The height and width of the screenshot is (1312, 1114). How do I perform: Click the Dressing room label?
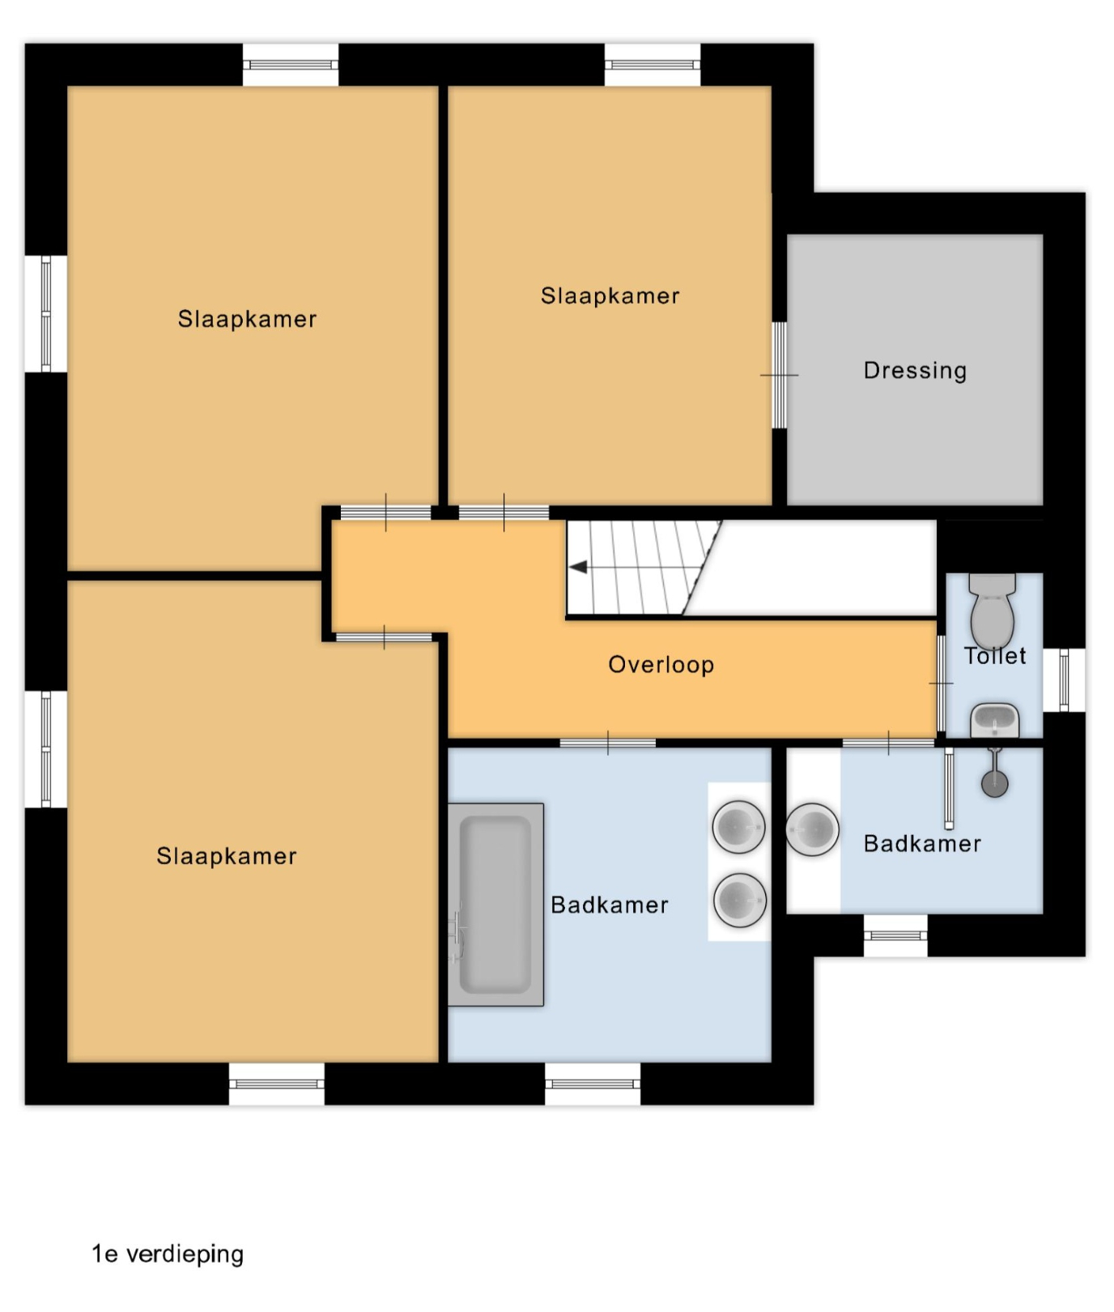pyautogui.click(x=915, y=371)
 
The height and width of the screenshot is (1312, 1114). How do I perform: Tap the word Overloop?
pyautogui.click(x=661, y=665)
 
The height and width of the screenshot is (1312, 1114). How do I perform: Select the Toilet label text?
pyautogui.click(x=994, y=656)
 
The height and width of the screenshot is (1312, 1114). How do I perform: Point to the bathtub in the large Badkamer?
pyautogui.click(x=495, y=905)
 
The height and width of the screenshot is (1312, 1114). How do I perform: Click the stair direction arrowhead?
pyautogui.click(x=578, y=567)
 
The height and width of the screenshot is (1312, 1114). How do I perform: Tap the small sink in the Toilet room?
pyautogui.click(x=994, y=720)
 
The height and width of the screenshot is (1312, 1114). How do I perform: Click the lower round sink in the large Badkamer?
pyautogui.click(x=739, y=899)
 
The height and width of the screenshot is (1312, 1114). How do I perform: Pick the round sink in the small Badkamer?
pyautogui.click(x=812, y=829)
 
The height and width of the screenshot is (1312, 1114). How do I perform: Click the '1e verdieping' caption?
pyautogui.click(x=168, y=1254)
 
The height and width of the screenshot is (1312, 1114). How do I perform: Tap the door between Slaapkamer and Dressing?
pyautogui.click(x=779, y=375)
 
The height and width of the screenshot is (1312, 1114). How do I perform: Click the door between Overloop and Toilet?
pyautogui.click(x=941, y=684)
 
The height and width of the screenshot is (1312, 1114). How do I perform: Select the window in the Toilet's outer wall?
pyautogui.click(x=1064, y=680)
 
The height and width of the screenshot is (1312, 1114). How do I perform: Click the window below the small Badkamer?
pyautogui.click(x=895, y=935)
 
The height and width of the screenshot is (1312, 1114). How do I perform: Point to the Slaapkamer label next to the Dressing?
pyautogui.click(x=610, y=296)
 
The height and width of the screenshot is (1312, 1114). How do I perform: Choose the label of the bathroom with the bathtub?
pyautogui.click(x=610, y=905)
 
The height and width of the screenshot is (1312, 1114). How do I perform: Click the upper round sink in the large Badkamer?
pyautogui.click(x=739, y=827)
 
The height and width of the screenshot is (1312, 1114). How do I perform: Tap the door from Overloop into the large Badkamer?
pyautogui.click(x=608, y=743)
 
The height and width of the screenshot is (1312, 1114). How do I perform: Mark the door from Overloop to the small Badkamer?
pyautogui.click(x=888, y=743)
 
